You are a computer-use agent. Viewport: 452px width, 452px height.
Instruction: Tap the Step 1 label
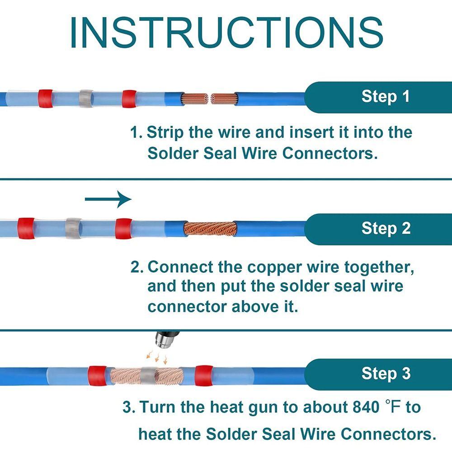coord(386,96)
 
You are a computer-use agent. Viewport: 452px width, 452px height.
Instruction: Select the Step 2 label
coord(386,228)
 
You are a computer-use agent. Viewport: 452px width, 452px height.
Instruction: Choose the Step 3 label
coord(386,373)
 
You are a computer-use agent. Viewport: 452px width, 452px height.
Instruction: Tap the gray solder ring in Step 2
coord(73,228)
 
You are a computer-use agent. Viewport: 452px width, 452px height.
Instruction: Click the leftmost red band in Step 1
coord(45,99)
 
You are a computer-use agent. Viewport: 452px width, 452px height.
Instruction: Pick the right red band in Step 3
coord(204,374)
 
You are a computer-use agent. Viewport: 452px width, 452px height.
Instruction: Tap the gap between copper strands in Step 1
coord(209,99)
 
